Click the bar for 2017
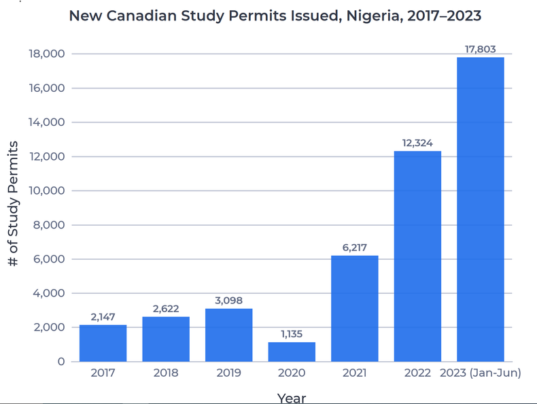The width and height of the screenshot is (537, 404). (103, 343)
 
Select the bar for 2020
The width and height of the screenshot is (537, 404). (292, 352)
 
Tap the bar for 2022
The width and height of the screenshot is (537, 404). (417, 256)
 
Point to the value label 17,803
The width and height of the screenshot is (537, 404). (481, 49)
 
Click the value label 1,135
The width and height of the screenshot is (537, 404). (292, 334)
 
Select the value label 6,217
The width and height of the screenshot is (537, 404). (354, 248)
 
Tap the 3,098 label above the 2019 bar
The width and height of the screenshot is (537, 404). (228, 301)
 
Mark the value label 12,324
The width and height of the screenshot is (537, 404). (417, 143)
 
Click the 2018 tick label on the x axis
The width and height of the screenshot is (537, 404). (166, 373)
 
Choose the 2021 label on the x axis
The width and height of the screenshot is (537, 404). (354, 373)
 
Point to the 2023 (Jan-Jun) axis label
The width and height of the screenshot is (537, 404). (481, 373)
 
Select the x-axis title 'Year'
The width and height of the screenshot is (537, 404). (292, 397)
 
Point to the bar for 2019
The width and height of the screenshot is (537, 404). (228, 335)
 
